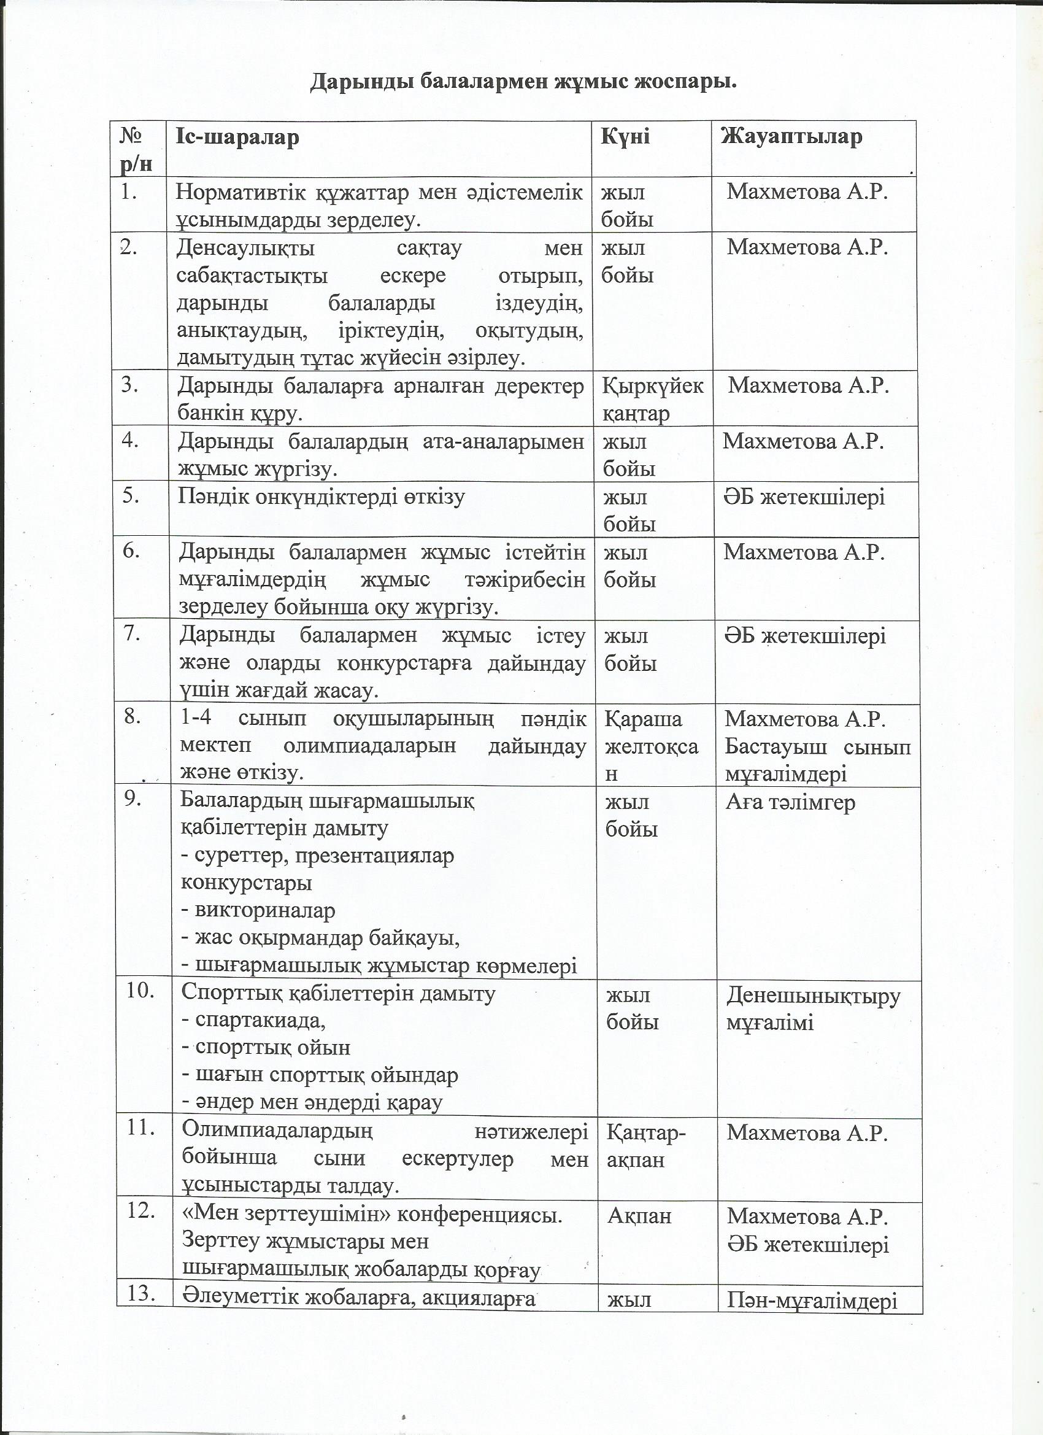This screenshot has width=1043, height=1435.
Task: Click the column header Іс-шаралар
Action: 237,137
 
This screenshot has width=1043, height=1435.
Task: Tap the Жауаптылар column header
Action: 791,137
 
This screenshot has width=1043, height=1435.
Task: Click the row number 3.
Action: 129,385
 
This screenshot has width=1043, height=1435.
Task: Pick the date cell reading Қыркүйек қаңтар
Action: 652,399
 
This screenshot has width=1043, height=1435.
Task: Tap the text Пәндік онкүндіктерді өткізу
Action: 321,497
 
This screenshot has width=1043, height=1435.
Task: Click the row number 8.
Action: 132,717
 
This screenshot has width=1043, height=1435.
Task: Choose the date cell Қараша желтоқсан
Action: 651,746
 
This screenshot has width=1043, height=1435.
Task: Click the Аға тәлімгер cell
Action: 790,803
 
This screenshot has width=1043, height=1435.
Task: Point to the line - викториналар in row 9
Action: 258,910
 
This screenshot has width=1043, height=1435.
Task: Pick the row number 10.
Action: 140,991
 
